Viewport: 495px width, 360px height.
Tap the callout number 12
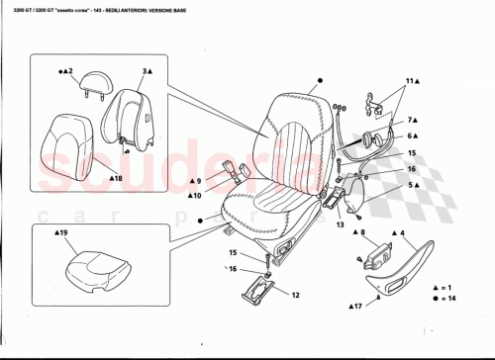295,295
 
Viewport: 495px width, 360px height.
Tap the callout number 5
412,185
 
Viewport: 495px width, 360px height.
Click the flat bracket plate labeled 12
259,290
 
